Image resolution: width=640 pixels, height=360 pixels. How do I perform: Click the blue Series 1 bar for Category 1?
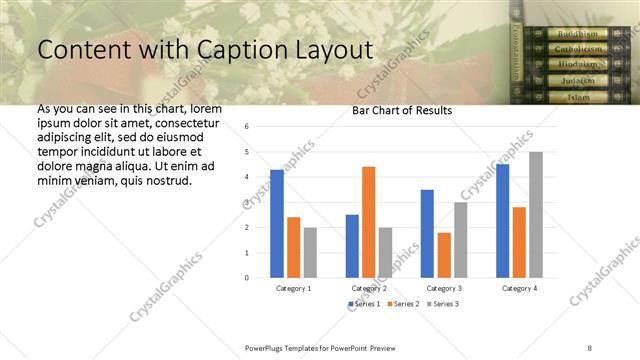[x=277, y=223]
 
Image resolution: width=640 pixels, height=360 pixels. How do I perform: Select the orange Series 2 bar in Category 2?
[x=368, y=221]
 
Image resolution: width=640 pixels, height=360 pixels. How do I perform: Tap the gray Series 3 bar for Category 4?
[x=536, y=214]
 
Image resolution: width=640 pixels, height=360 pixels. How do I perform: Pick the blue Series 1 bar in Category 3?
[x=427, y=233]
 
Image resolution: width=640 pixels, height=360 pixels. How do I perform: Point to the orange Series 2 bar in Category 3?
[x=444, y=254]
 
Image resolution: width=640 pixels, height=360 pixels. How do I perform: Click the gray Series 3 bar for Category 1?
[x=310, y=252]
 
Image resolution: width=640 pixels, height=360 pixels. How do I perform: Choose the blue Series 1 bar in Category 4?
[x=502, y=220]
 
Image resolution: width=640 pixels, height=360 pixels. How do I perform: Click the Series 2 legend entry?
[x=403, y=303]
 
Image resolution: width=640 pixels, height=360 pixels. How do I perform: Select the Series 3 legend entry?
[x=443, y=303]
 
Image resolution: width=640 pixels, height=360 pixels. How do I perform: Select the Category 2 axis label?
[x=368, y=288]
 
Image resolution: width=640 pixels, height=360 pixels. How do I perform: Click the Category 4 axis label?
[x=518, y=288]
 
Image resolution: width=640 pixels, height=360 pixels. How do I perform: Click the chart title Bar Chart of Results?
[x=403, y=110]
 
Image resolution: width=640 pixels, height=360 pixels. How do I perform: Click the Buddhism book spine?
[x=578, y=33]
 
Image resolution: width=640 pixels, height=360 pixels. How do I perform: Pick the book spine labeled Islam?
[x=579, y=97]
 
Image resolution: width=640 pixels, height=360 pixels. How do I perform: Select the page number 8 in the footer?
[x=590, y=347]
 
